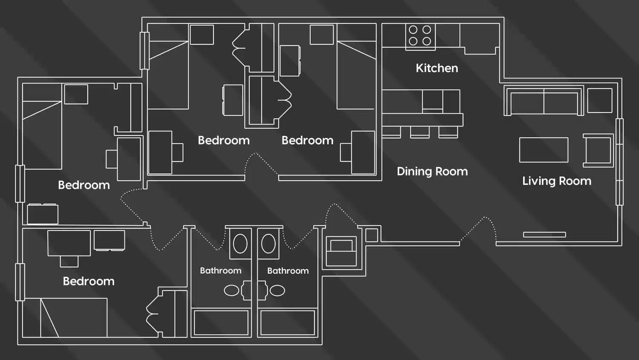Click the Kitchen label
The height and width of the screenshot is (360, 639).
(437, 68)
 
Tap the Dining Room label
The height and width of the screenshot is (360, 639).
(432, 171)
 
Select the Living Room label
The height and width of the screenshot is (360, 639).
(556, 181)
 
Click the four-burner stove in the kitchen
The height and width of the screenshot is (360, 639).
(420, 36)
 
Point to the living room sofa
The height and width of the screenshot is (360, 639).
(543, 101)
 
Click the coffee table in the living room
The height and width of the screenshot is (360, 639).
(544, 150)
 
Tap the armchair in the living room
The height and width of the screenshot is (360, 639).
(598, 150)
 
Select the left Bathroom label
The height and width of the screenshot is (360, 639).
(220, 271)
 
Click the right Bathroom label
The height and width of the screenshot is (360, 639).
(288, 271)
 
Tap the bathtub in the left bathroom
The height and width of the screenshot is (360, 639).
(221, 323)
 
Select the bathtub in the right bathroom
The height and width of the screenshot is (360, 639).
(288, 323)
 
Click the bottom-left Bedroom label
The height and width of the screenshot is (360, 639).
(89, 281)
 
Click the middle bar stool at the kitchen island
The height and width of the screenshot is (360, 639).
(420, 132)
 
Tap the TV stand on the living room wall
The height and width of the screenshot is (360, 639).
(544, 235)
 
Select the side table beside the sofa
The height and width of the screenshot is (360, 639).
(600, 100)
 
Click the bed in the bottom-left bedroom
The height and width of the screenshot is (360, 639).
(73, 317)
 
